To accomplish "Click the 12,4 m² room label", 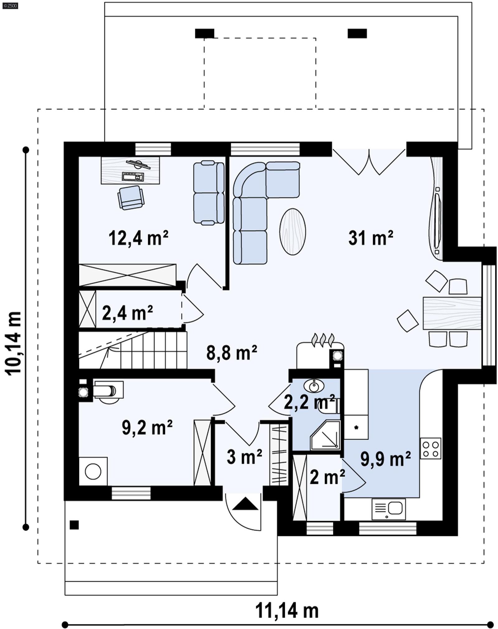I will click(x=139, y=239).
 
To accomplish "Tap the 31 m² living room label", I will click(x=370, y=238).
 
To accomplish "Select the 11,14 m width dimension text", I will click(x=287, y=611).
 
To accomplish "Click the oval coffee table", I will click(x=292, y=231).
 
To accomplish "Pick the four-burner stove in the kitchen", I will click(x=430, y=448).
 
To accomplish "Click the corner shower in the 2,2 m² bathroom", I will click(x=326, y=435).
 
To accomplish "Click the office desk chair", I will click(x=131, y=197).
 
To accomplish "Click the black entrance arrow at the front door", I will click(x=245, y=504).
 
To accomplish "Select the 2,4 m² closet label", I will click(x=127, y=313).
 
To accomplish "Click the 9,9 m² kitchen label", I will click(x=385, y=459).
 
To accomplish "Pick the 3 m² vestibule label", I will click(x=244, y=457).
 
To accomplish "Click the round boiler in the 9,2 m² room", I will click(x=93, y=471).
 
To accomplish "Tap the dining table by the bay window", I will click(x=452, y=313).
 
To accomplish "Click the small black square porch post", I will click(x=74, y=525).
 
